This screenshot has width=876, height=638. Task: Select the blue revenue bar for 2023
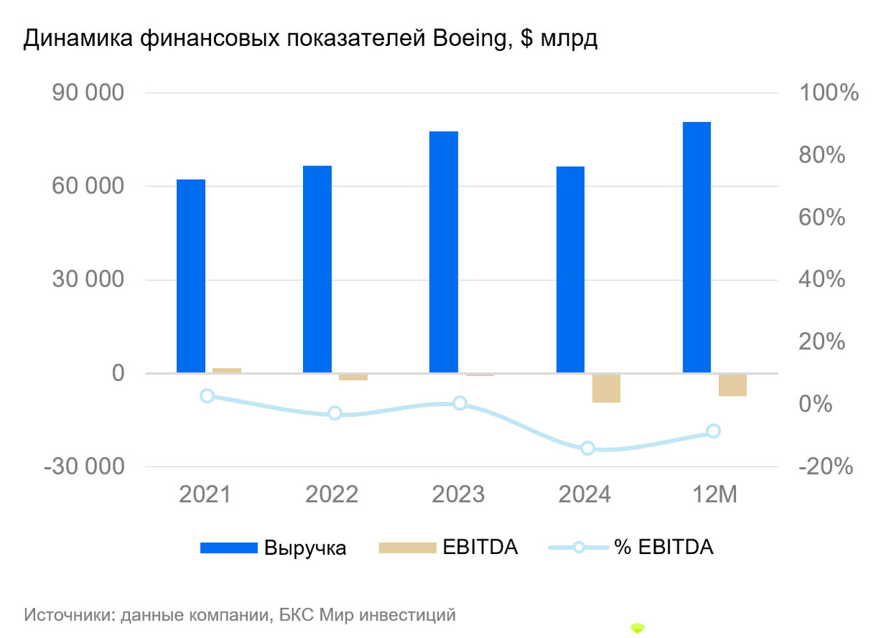(x=443, y=252)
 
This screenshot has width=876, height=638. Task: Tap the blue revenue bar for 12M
(x=696, y=247)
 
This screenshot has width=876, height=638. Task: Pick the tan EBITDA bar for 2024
(x=606, y=388)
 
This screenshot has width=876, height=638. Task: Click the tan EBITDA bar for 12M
(x=732, y=385)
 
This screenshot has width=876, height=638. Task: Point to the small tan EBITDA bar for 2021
(x=226, y=370)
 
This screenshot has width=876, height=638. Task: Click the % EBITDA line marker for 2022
(x=334, y=413)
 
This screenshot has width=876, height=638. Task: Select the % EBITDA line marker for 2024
(x=588, y=448)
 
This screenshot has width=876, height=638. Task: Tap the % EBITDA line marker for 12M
(x=713, y=431)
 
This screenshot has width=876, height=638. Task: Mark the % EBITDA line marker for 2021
(x=207, y=396)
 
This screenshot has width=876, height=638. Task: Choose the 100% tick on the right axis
(x=829, y=93)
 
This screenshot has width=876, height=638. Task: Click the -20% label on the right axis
(x=826, y=466)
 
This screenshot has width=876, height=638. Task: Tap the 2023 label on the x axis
(x=458, y=495)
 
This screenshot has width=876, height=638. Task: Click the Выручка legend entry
(x=274, y=547)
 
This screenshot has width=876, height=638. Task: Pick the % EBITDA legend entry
(x=631, y=547)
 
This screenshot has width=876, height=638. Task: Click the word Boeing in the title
(x=474, y=39)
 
